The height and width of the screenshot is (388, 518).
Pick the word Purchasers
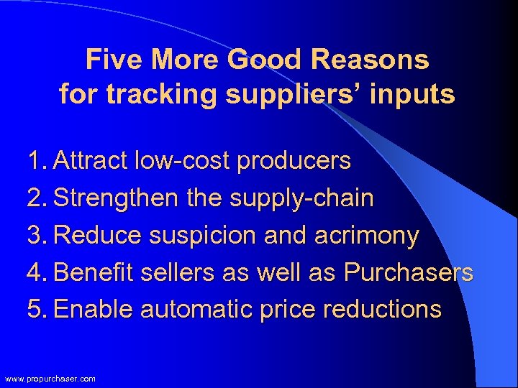pyautogui.click(x=409, y=273)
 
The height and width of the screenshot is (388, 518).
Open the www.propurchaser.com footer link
pyautogui.click(x=50, y=379)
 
